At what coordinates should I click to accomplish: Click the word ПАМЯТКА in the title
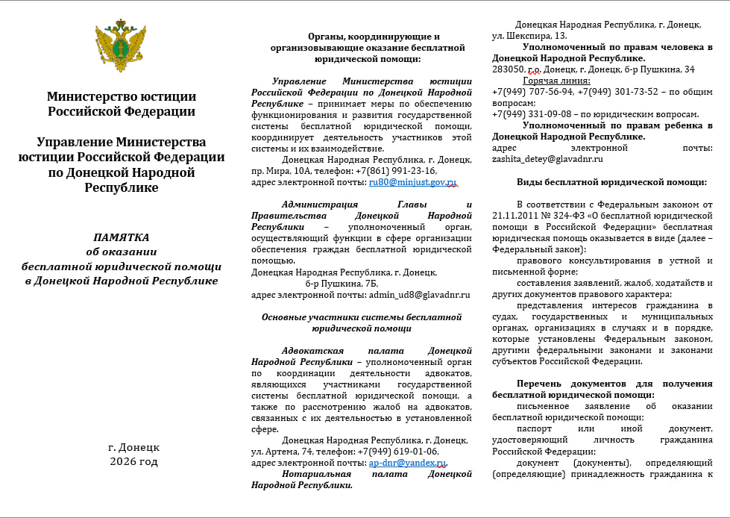tap(121, 237)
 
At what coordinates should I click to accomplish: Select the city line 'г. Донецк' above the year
tap(133, 447)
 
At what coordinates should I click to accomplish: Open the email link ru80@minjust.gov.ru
tap(412, 182)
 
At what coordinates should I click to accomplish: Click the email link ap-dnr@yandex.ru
tap(408, 463)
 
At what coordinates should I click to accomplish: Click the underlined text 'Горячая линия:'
tap(556, 81)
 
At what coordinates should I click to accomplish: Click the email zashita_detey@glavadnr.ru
tap(547, 159)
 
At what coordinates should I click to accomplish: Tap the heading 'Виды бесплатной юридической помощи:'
tap(611, 182)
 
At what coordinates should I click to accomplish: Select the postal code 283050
tap(509, 69)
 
